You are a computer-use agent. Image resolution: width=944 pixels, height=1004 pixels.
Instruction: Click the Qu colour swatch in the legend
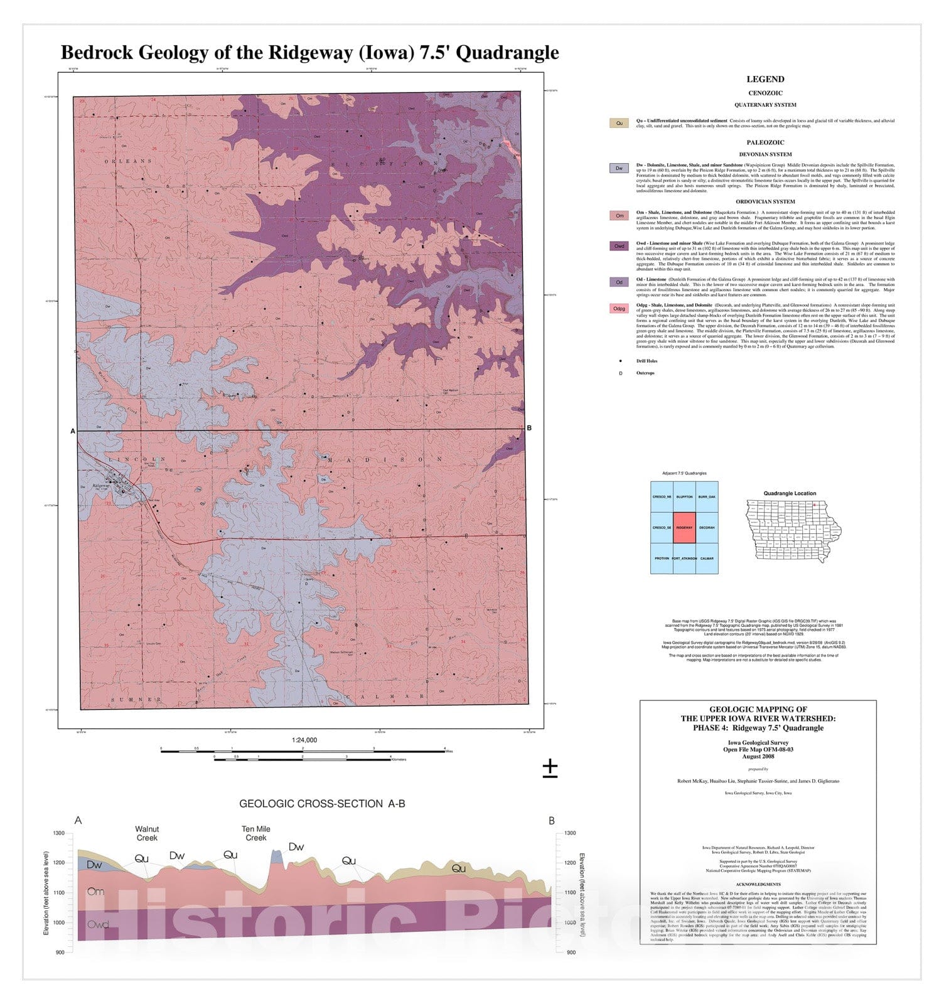tap(619, 123)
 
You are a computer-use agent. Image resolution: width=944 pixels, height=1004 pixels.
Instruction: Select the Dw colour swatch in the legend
tap(619, 168)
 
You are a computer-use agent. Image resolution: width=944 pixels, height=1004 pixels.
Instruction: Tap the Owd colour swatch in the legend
tap(619, 246)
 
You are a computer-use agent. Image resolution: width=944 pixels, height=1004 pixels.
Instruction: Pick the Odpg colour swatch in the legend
tap(619, 308)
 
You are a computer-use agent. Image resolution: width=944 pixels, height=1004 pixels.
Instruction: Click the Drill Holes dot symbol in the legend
tap(621, 361)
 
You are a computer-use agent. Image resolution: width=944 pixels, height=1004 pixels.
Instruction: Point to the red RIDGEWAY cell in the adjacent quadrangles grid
tap(684, 528)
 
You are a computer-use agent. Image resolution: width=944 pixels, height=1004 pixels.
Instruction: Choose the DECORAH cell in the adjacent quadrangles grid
tap(707, 528)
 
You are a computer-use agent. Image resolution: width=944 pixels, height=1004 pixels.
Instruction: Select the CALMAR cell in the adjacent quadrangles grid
tap(707, 558)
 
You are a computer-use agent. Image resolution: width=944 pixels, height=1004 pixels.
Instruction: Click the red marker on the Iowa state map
tap(814, 505)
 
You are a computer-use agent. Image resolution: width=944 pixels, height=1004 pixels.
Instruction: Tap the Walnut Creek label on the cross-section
tap(147, 833)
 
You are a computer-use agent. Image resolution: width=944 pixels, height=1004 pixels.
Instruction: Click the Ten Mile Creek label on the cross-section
tap(256, 833)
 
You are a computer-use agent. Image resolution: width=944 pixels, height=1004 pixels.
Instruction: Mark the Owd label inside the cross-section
tap(98, 924)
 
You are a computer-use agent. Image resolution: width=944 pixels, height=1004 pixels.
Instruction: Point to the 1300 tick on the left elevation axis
tap(59, 833)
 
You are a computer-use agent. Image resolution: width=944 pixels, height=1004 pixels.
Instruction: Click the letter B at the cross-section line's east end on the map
tap(529, 428)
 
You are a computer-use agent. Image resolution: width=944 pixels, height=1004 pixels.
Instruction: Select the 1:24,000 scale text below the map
tap(304, 740)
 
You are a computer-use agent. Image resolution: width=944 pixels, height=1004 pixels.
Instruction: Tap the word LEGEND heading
tap(765, 79)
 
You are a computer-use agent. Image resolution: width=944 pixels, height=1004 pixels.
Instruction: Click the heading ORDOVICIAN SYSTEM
tap(765, 201)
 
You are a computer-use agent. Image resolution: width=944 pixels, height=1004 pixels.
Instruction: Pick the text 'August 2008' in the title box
tap(758, 756)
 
